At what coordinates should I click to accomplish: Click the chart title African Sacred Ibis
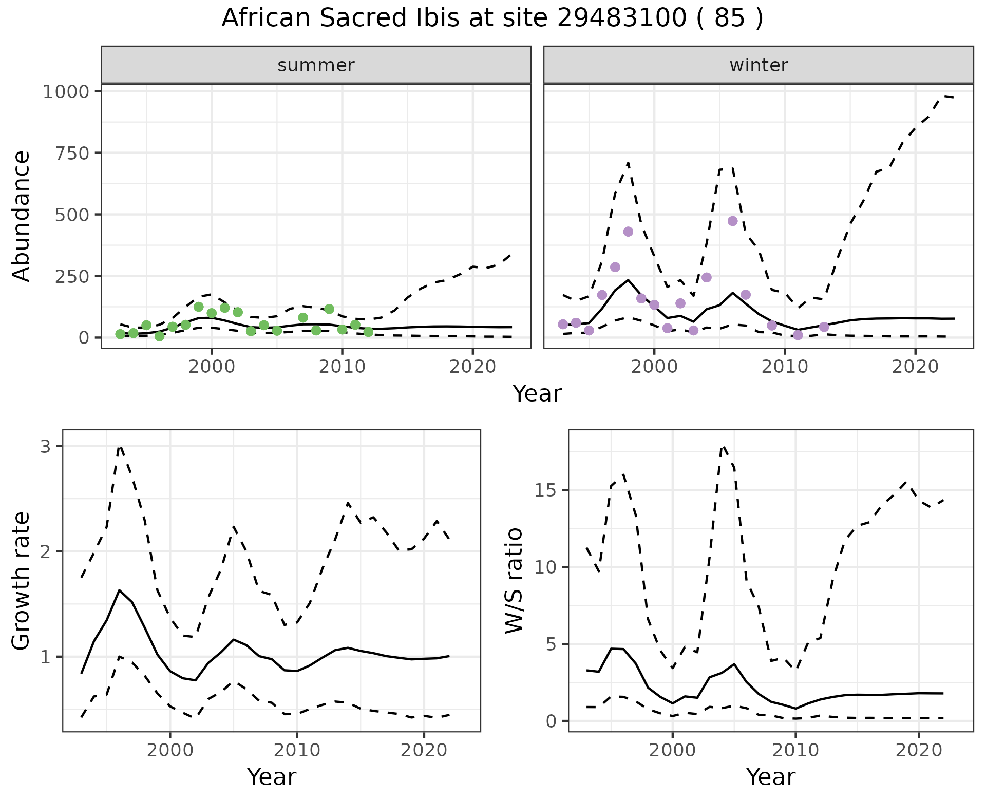tap(492, 18)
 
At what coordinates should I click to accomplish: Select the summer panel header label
tap(316, 65)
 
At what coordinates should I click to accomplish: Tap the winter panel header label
tap(759, 65)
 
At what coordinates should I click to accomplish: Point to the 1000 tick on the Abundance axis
tap(66, 92)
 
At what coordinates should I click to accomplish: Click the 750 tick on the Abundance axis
tap(74, 154)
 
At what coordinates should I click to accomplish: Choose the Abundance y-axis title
tap(22, 216)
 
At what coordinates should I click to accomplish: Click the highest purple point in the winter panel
tap(732, 221)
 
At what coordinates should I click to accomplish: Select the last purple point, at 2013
tap(824, 327)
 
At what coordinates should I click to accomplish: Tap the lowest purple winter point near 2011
tap(798, 335)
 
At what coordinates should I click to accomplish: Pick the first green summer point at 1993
tap(120, 334)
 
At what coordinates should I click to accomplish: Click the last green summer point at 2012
tap(368, 332)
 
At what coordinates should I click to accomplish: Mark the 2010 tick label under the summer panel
tap(342, 367)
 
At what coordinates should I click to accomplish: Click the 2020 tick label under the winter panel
tap(915, 367)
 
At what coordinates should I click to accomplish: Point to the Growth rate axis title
tap(22, 581)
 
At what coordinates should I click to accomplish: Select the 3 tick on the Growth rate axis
tap(46, 447)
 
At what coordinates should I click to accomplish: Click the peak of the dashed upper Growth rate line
tap(120, 446)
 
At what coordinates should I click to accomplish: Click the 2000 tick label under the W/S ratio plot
tap(672, 750)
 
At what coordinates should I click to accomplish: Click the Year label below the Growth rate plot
tap(271, 777)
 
